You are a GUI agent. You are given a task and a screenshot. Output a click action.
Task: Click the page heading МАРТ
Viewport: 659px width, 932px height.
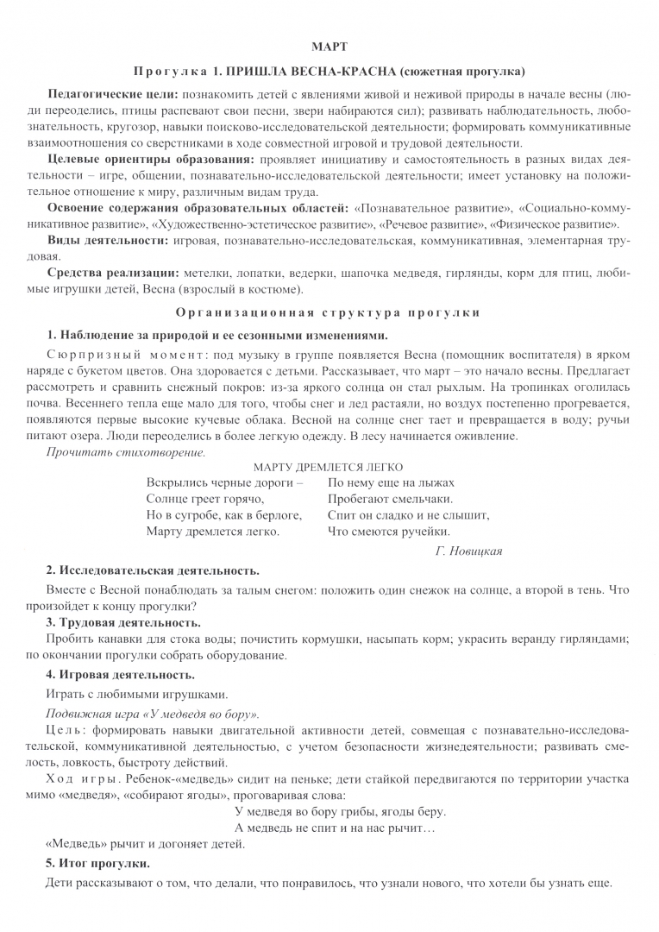[329, 46]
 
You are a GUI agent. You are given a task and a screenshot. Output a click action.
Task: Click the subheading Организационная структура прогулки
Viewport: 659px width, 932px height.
[329, 312]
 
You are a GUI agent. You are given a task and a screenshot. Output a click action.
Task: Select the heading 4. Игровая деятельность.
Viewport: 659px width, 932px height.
[120, 674]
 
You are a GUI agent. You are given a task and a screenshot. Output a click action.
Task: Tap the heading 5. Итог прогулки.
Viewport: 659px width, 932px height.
[97, 863]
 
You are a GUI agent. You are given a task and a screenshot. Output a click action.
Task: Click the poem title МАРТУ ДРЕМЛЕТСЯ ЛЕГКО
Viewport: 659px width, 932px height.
[329, 466]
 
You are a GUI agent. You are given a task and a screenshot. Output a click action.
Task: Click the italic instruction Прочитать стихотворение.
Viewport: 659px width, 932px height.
[126, 451]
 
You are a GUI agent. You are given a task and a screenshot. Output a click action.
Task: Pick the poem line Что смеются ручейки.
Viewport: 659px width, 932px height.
[389, 532]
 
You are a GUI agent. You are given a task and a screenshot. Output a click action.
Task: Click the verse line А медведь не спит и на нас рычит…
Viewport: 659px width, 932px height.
[335, 827]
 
